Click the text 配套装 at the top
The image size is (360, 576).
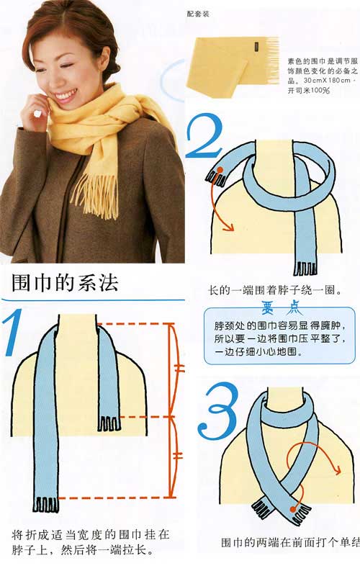[218, 13]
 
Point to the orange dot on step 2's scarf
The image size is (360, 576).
[220, 171]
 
